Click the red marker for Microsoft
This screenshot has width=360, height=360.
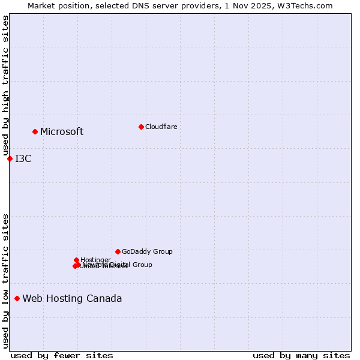pos(35,131)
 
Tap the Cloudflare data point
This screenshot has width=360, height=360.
pos(141,127)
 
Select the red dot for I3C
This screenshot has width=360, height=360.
pos(10,158)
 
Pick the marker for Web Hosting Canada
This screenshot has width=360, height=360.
pos(17,298)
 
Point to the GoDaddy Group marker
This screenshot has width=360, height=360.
pos(118,251)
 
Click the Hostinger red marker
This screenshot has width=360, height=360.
pos(76,260)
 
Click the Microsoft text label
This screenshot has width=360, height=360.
pos(62,132)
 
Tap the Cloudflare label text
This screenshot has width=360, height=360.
pos(161,127)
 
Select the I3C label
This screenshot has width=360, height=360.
pos(23,159)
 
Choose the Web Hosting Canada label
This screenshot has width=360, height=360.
pos(72,299)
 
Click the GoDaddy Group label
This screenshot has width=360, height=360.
pos(147,252)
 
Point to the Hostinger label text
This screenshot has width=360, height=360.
pos(95,260)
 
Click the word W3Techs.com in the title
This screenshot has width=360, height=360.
pos(308,5)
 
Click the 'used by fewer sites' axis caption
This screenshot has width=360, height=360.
pos(62,355)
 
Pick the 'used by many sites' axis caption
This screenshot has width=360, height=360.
pos(301,355)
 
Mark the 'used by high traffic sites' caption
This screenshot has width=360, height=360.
pos(5,86)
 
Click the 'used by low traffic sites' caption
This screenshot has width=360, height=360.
pos(5,280)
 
